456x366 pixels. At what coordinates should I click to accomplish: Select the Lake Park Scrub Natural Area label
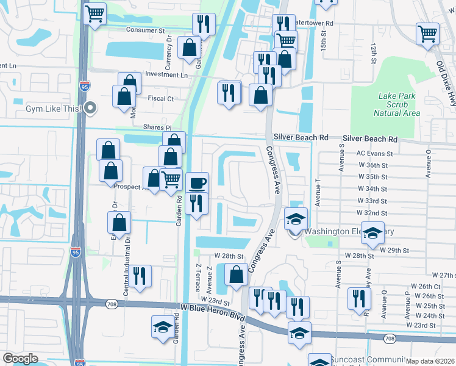[x=398, y=104]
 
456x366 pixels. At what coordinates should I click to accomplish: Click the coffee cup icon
[x=196, y=183]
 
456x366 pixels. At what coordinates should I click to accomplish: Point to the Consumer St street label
[x=146, y=29]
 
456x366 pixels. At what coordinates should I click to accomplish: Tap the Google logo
[x=20, y=358]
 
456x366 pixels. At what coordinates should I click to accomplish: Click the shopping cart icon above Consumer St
[x=94, y=14]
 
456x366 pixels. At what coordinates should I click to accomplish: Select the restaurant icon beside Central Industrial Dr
[x=140, y=276]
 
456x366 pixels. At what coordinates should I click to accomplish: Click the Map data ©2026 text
[x=430, y=361]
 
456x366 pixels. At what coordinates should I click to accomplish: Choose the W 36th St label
[x=372, y=165]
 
